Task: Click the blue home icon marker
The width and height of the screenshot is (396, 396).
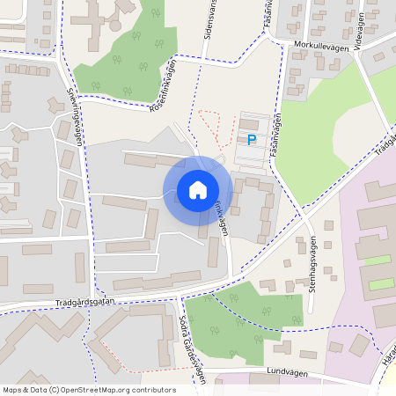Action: (x=198, y=190)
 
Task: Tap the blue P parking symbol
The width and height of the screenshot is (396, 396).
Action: (x=252, y=140)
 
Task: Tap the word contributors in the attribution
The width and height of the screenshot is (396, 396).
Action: (x=151, y=390)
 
